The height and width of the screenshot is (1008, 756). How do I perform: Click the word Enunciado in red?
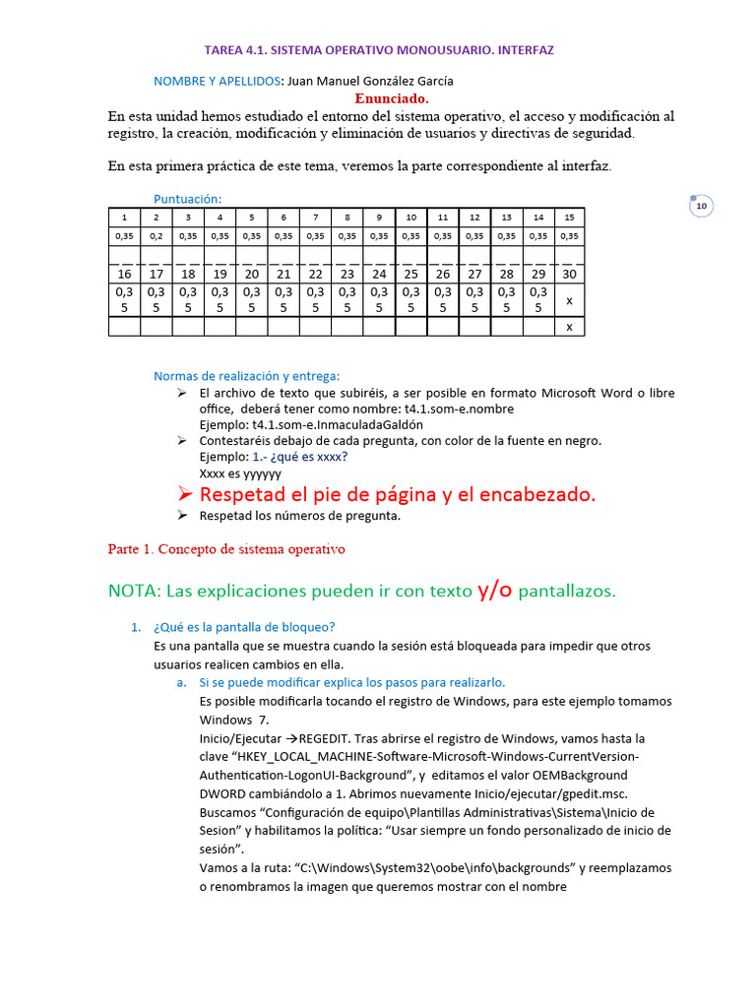pos(392,98)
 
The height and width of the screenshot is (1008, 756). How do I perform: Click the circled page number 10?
pos(701,206)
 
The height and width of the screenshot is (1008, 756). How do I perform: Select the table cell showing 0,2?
pos(157,236)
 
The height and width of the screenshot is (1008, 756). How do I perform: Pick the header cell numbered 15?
pos(569,217)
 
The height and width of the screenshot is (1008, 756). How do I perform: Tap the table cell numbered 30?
pos(569,274)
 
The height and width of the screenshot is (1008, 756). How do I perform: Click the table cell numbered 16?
pos(125,274)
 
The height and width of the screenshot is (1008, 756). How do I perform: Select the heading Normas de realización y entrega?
pos(246,375)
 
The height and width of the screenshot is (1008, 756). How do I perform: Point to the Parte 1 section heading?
pos(226,548)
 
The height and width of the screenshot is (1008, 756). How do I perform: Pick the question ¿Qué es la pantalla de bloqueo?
pos(244,627)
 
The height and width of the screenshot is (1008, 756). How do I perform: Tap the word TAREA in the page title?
pos(222,49)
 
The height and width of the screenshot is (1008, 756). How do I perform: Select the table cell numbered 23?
pos(346,274)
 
